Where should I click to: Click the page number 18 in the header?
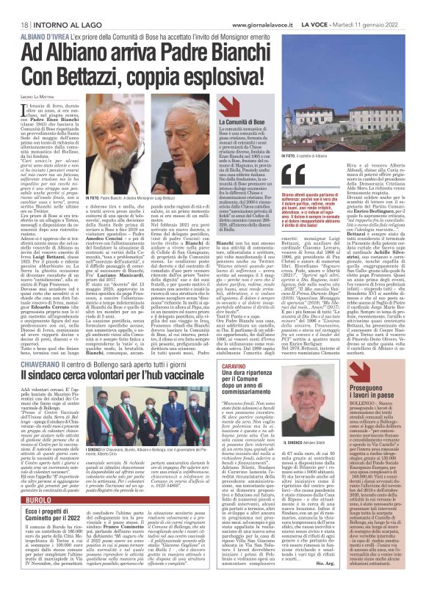point(15,5)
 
